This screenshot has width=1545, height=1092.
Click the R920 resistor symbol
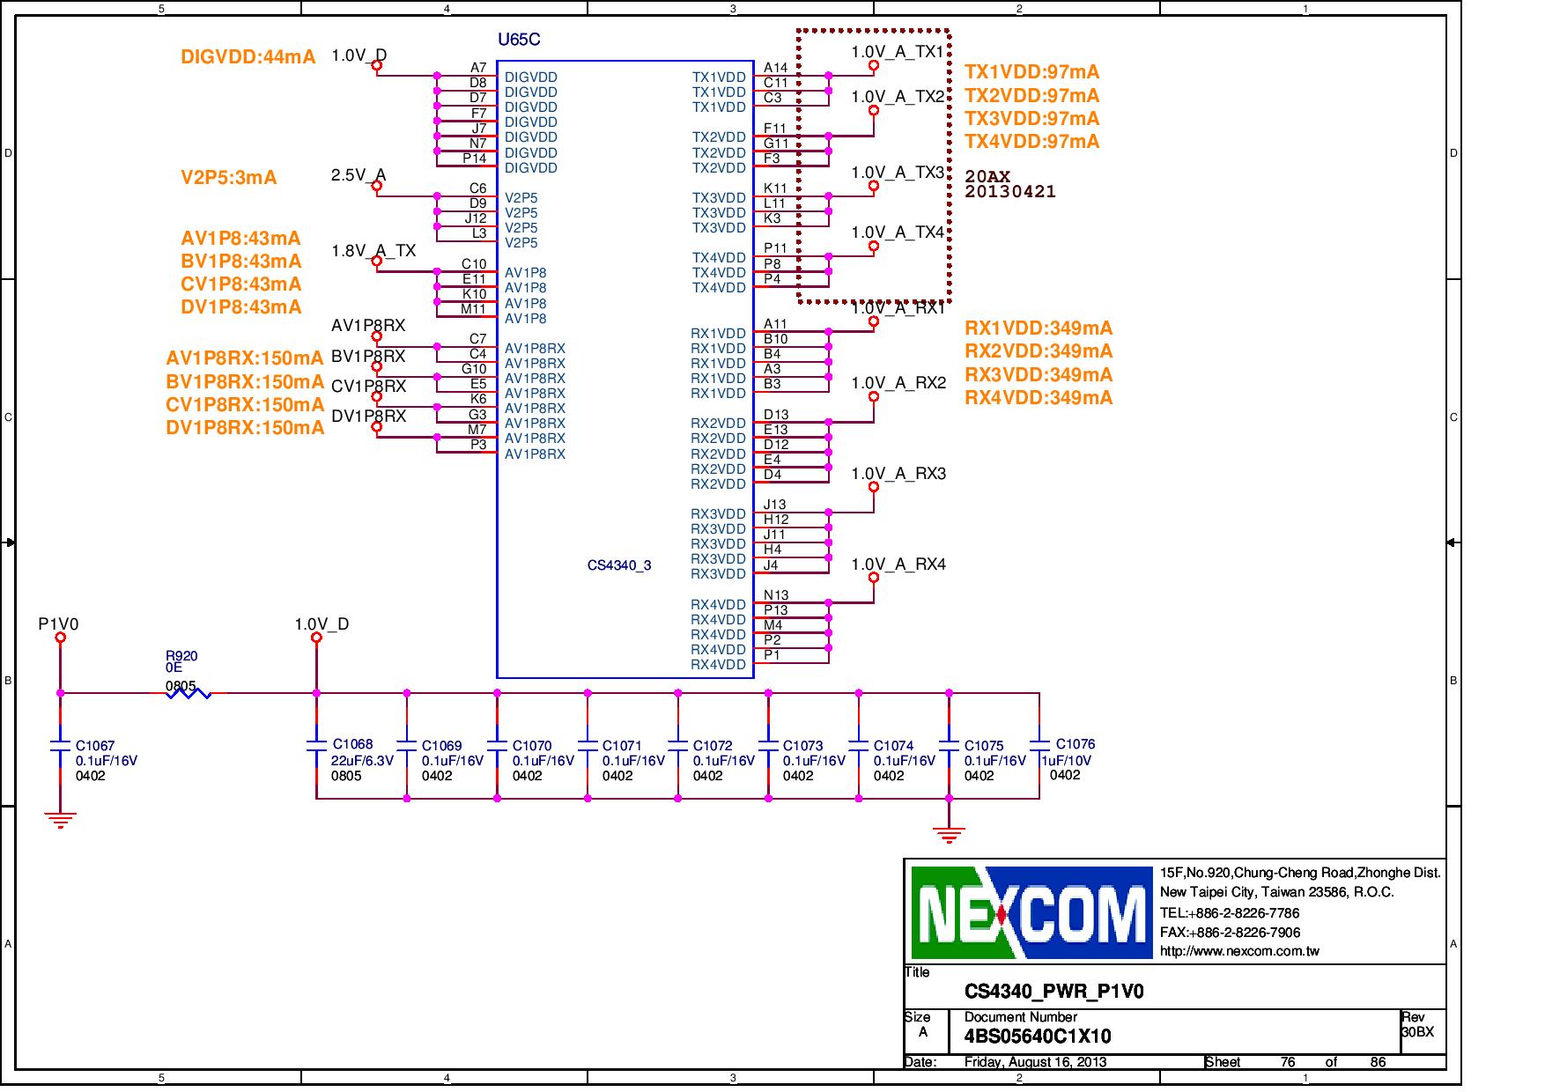[x=189, y=693]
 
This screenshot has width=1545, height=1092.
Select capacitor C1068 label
[x=352, y=745]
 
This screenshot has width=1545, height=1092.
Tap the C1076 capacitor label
[x=1076, y=744]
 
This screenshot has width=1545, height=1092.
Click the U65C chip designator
[x=519, y=40]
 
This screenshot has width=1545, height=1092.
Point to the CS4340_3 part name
[x=619, y=565]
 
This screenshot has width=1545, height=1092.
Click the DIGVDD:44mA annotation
[x=248, y=57]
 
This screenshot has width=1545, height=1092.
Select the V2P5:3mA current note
[x=228, y=178]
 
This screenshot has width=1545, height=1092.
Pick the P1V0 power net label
[x=58, y=624]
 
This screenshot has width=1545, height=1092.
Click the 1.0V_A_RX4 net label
[x=898, y=564]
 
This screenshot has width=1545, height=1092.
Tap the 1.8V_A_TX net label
[x=373, y=251]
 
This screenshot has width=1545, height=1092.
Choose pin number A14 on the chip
[x=775, y=68]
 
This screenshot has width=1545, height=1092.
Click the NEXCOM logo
[x=1031, y=912]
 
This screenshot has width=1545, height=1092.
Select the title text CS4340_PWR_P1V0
[x=1053, y=992]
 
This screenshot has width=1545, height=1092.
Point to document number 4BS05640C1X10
[x=1038, y=1037]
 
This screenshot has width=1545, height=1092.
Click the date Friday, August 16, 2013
[x=1035, y=1062]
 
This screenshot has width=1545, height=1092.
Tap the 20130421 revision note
[x=1009, y=192]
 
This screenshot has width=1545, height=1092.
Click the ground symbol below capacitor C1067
[x=60, y=821]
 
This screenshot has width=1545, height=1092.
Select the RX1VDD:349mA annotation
[x=1039, y=328]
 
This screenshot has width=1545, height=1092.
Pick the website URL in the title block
[x=1238, y=951]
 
